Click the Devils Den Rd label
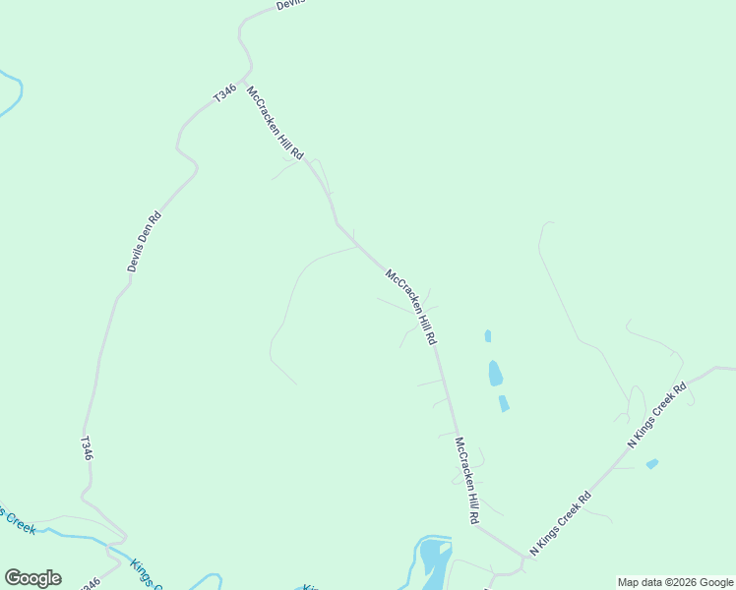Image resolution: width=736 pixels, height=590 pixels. pyautogui.click(x=144, y=242)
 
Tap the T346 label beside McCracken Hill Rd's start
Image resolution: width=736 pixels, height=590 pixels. pyautogui.click(x=224, y=94)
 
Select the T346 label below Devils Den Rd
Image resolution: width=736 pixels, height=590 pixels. pyautogui.click(x=87, y=448)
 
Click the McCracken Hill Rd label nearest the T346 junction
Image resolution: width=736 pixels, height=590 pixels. pyautogui.click(x=276, y=125)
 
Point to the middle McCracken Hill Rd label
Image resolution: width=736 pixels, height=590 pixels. pyautogui.click(x=410, y=307)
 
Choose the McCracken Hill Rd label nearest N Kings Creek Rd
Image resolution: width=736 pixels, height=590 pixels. pyautogui.click(x=466, y=480)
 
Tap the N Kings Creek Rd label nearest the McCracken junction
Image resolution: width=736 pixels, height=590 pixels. pyautogui.click(x=560, y=524)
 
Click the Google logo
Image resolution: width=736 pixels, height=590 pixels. pyautogui.click(x=32, y=578)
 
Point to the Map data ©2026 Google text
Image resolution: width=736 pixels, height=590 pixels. pyautogui.click(x=676, y=582)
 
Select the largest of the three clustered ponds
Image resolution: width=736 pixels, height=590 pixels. pyautogui.click(x=495, y=374)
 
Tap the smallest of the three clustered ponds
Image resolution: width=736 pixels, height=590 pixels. pyautogui.click(x=488, y=336)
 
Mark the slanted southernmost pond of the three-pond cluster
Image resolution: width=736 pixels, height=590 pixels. pyautogui.click(x=504, y=403)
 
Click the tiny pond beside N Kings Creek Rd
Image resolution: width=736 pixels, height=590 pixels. pyautogui.click(x=651, y=464)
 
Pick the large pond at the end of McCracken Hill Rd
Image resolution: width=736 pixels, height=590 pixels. pyautogui.click(x=433, y=560)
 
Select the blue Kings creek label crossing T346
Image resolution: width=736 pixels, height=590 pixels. pyautogui.click(x=146, y=575)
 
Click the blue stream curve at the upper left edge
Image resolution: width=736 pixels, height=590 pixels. pyautogui.click(x=14, y=92)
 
